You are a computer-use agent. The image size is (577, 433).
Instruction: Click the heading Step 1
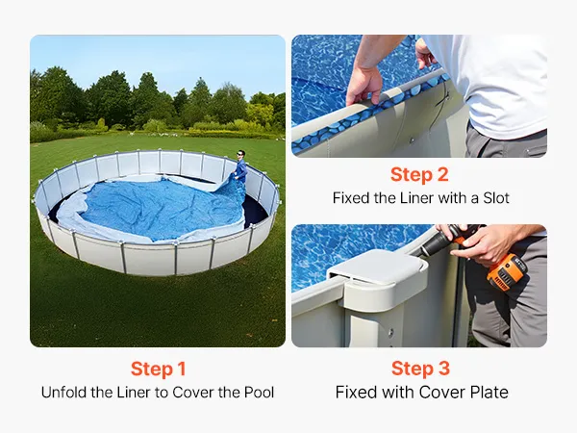coord(159,369)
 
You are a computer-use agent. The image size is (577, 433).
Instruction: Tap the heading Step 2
coord(419,174)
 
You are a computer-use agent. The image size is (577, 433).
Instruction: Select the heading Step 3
coord(420,369)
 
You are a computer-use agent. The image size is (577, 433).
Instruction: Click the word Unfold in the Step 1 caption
coord(64,393)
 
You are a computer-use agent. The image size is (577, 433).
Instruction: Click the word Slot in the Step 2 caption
coord(496,198)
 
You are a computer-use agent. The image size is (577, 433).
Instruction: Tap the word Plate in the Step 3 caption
coord(489,393)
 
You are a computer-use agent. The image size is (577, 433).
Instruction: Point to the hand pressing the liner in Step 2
coord(364,86)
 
